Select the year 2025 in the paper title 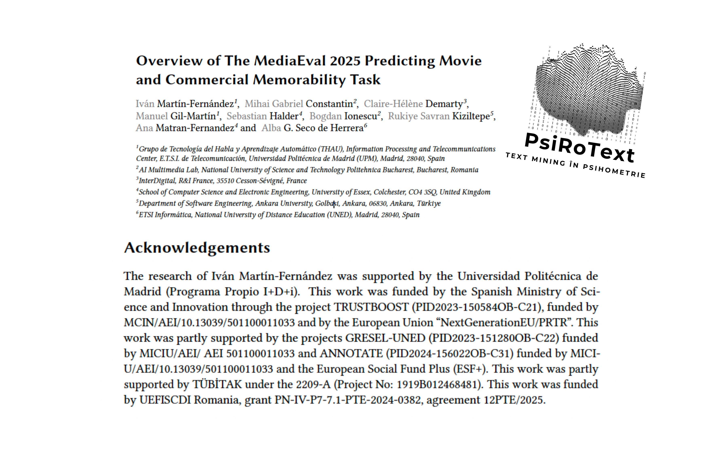click(345, 61)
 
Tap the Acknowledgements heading click(197, 248)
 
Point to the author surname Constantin click(329, 104)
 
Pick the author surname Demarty click(444, 104)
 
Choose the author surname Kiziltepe click(471, 116)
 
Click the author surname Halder click(284, 116)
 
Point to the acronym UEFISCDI click(165, 400)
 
